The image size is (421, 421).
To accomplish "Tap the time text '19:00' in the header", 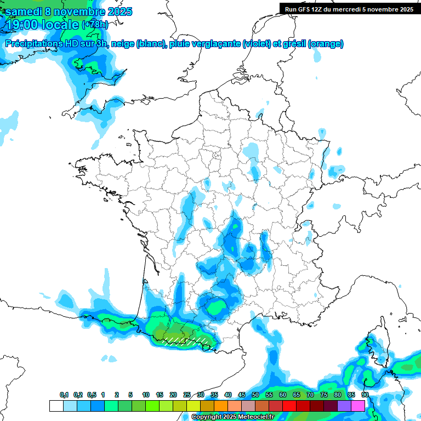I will (21, 25).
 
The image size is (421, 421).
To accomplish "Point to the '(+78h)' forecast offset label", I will (95, 25).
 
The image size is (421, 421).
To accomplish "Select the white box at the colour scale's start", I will (56, 406).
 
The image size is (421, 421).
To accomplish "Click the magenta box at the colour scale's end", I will (358, 406).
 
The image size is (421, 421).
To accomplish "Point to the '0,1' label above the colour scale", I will (64, 395).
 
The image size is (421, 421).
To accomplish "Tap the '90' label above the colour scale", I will (365, 395).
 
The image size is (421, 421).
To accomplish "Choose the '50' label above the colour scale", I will (255, 395).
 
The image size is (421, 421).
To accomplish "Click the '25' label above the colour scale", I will (187, 395).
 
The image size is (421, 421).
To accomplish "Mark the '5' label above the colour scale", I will (130, 395).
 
